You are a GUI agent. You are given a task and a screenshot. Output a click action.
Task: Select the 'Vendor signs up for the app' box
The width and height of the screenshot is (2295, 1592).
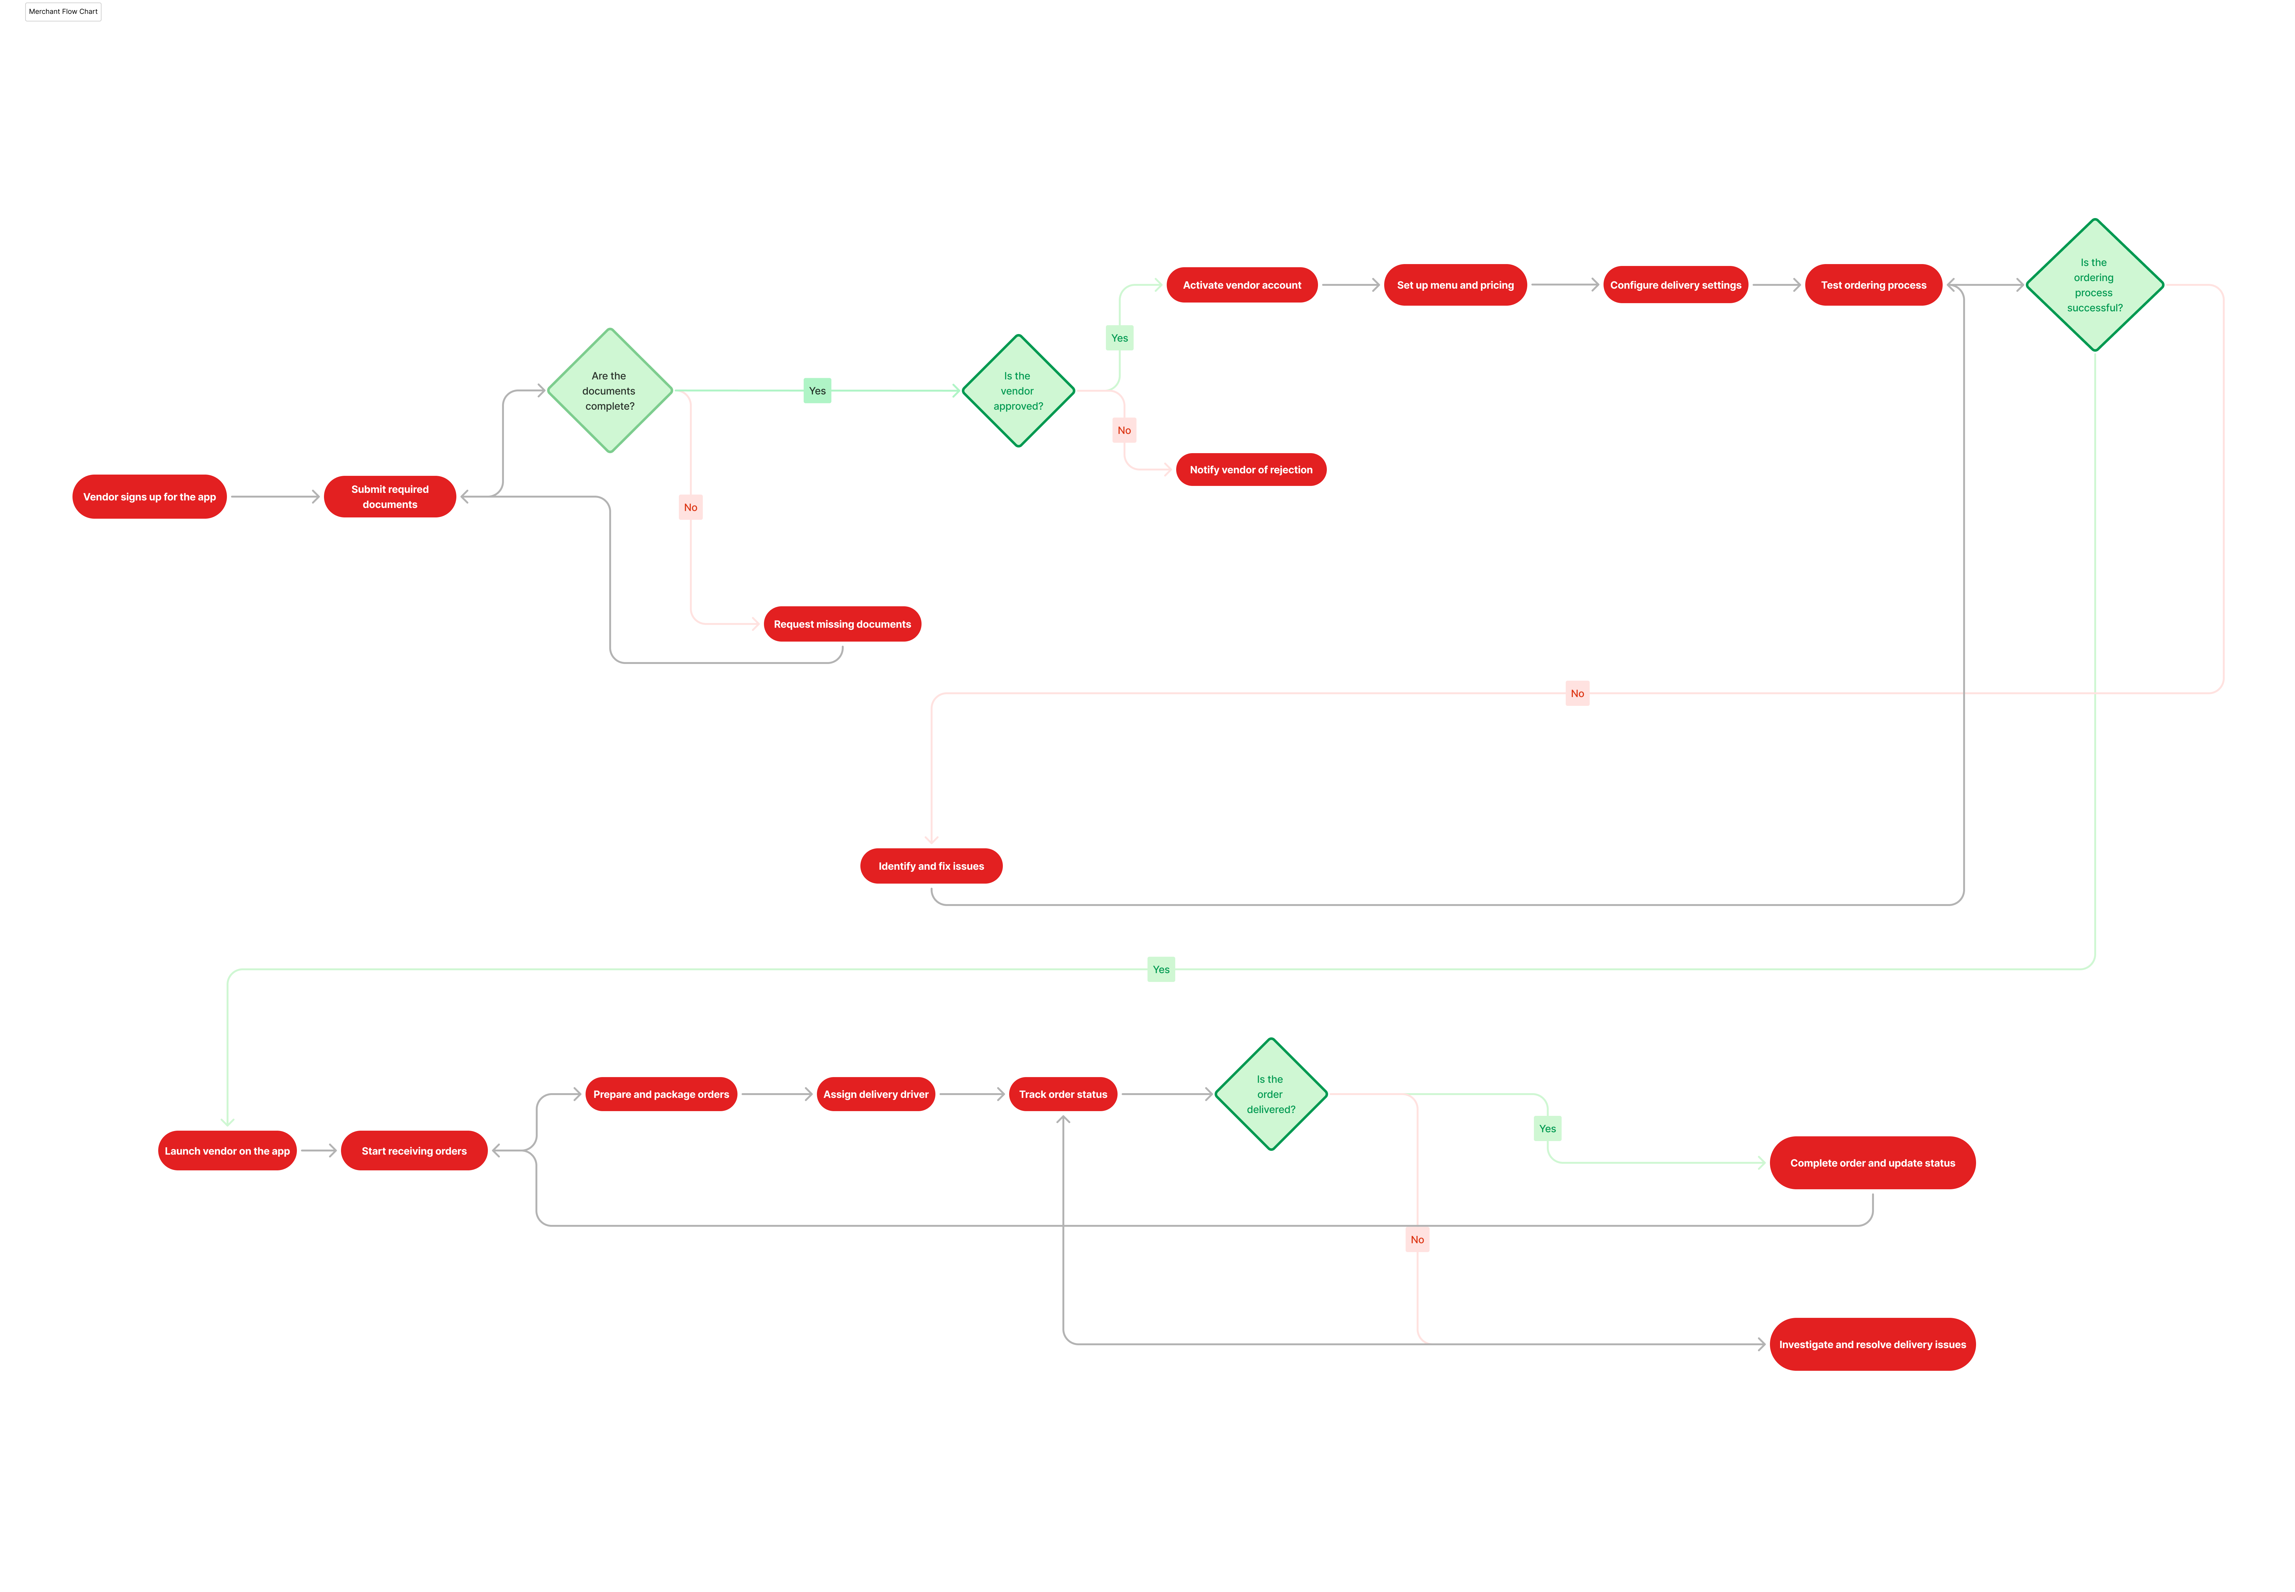[x=150, y=497]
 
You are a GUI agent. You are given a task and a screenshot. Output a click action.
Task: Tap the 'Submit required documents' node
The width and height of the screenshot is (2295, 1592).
[x=390, y=497]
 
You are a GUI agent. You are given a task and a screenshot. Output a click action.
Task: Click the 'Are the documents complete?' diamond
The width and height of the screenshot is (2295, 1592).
[x=610, y=391]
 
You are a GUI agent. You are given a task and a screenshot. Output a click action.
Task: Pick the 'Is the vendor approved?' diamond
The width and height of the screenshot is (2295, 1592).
[x=1017, y=391]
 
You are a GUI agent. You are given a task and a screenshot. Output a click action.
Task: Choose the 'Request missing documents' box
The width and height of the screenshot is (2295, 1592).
[x=842, y=625]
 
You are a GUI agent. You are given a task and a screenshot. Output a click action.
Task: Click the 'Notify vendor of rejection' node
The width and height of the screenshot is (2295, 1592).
[x=1251, y=470]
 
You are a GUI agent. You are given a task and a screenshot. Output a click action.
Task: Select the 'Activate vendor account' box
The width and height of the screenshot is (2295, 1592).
[x=1242, y=285]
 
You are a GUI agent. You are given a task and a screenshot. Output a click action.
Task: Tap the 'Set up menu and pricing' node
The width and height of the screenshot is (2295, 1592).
[x=1455, y=285]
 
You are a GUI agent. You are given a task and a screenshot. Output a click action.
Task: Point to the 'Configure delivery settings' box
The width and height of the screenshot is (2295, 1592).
[x=1676, y=285]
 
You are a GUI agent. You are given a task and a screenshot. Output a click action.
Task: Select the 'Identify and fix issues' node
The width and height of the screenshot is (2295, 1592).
[x=931, y=866]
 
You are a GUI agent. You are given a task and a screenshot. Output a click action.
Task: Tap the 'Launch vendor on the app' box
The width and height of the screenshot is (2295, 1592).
[x=228, y=1151]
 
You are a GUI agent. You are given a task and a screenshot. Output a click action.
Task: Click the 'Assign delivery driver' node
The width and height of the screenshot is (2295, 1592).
[x=876, y=1094]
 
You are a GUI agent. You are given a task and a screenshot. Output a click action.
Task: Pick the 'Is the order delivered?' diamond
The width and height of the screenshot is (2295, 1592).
[x=1271, y=1094]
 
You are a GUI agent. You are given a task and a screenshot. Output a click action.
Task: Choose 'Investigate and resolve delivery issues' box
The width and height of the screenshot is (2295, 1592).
[x=1872, y=1345]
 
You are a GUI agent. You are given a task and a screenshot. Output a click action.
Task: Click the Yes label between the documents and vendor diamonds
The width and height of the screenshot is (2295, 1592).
[x=817, y=391]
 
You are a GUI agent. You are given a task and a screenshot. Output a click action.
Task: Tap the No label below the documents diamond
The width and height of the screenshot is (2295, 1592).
[x=690, y=508]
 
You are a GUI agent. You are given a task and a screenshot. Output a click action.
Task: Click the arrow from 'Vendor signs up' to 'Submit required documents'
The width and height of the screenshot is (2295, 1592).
[x=275, y=497]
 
